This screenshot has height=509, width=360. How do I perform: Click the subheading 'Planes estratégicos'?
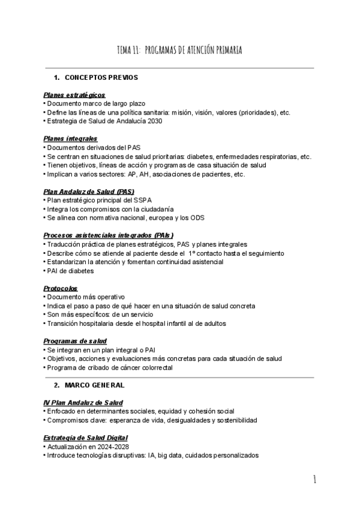[x=74, y=95]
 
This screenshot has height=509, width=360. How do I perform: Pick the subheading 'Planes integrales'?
[x=70, y=139]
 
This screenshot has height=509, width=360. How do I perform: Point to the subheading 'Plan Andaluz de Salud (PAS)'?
[x=84, y=191]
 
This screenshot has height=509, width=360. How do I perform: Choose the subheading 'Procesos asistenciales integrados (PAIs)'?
[x=109, y=235]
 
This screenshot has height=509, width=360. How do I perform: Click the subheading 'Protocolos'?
[x=61, y=288]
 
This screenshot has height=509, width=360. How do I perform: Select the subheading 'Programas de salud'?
[x=75, y=341]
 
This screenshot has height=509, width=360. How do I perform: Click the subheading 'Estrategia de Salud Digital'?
[x=85, y=438]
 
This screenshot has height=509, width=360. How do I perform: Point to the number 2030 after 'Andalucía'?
[x=154, y=121]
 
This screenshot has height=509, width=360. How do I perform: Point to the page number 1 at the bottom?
[x=314, y=480]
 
